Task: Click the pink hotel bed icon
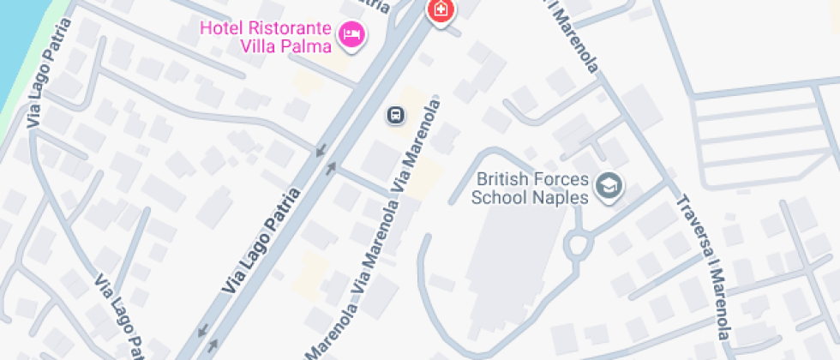tap(351, 34)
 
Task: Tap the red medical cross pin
tap(441, 9)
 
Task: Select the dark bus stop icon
tap(395, 114)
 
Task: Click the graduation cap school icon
tap(609, 184)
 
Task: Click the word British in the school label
tap(501, 180)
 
